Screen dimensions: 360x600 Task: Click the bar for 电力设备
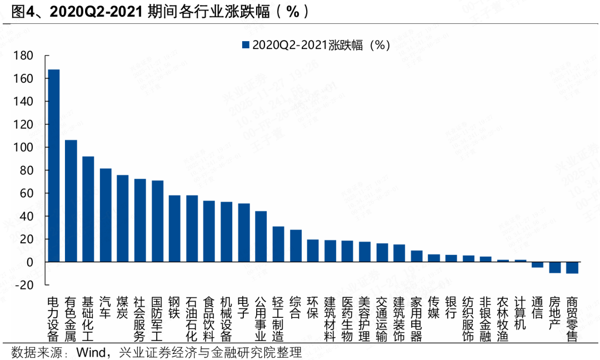click(54, 166)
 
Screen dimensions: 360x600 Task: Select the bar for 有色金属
click(71, 201)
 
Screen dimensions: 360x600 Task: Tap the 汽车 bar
click(106, 215)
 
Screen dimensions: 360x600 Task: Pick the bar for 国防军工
click(157, 221)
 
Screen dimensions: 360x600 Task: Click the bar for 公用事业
click(261, 236)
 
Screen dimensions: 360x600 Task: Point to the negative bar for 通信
click(537, 264)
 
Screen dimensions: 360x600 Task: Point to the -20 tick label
click(24, 285)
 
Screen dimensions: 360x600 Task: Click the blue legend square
click(245, 45)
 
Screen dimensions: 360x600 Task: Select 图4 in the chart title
click(21, 12)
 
